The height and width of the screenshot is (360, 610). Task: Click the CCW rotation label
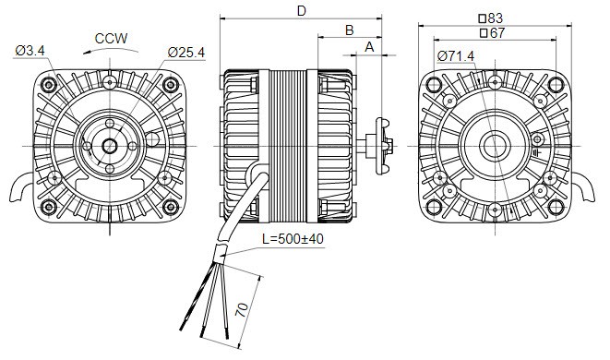(112, 39)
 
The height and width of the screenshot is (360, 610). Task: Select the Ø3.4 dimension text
(30, 50)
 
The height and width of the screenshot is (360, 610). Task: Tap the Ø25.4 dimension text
(186, 52)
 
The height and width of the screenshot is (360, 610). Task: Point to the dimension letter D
(302, 11)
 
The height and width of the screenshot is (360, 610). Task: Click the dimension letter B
(350, 30)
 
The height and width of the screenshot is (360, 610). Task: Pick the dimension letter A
(369, 47)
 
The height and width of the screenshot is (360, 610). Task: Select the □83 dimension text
(491, 18)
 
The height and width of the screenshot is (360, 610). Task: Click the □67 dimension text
(492, 32)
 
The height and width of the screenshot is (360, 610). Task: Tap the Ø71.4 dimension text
(456, 56)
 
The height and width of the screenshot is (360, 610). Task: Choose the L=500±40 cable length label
(293, 238)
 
